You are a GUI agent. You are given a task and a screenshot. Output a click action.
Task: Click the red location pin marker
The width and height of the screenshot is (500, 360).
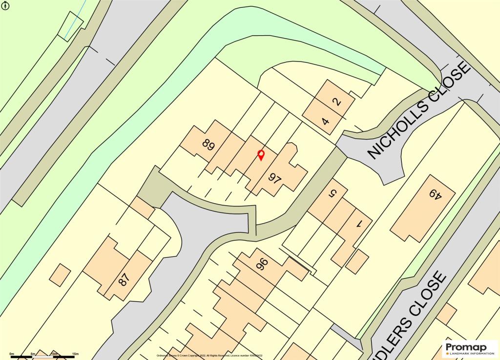(261, 155)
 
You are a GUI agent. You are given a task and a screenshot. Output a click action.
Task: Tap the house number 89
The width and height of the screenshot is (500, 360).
(209, 146)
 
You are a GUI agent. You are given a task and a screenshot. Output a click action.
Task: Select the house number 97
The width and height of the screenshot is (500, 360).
(275, 179)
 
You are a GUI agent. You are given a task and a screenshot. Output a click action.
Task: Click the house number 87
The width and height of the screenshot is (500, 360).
(124, 279)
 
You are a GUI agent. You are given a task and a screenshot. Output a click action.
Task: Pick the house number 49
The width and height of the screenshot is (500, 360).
(435, 195)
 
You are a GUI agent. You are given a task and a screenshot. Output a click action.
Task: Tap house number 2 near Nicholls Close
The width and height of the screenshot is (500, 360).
(336, 103)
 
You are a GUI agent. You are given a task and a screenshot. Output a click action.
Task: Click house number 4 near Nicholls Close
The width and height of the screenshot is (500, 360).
(325, 121)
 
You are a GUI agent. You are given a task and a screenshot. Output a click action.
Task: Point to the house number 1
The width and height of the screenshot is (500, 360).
(360, 224)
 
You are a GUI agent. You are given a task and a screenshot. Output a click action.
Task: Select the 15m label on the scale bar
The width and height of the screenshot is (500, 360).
(76, 353)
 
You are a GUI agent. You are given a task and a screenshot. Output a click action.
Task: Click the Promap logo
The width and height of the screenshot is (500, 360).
(470, 348)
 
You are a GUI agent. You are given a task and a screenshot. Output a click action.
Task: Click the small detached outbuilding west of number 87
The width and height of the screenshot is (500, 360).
(60, 274)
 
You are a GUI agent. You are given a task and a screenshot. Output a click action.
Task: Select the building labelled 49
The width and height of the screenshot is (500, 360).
(423, 208)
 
